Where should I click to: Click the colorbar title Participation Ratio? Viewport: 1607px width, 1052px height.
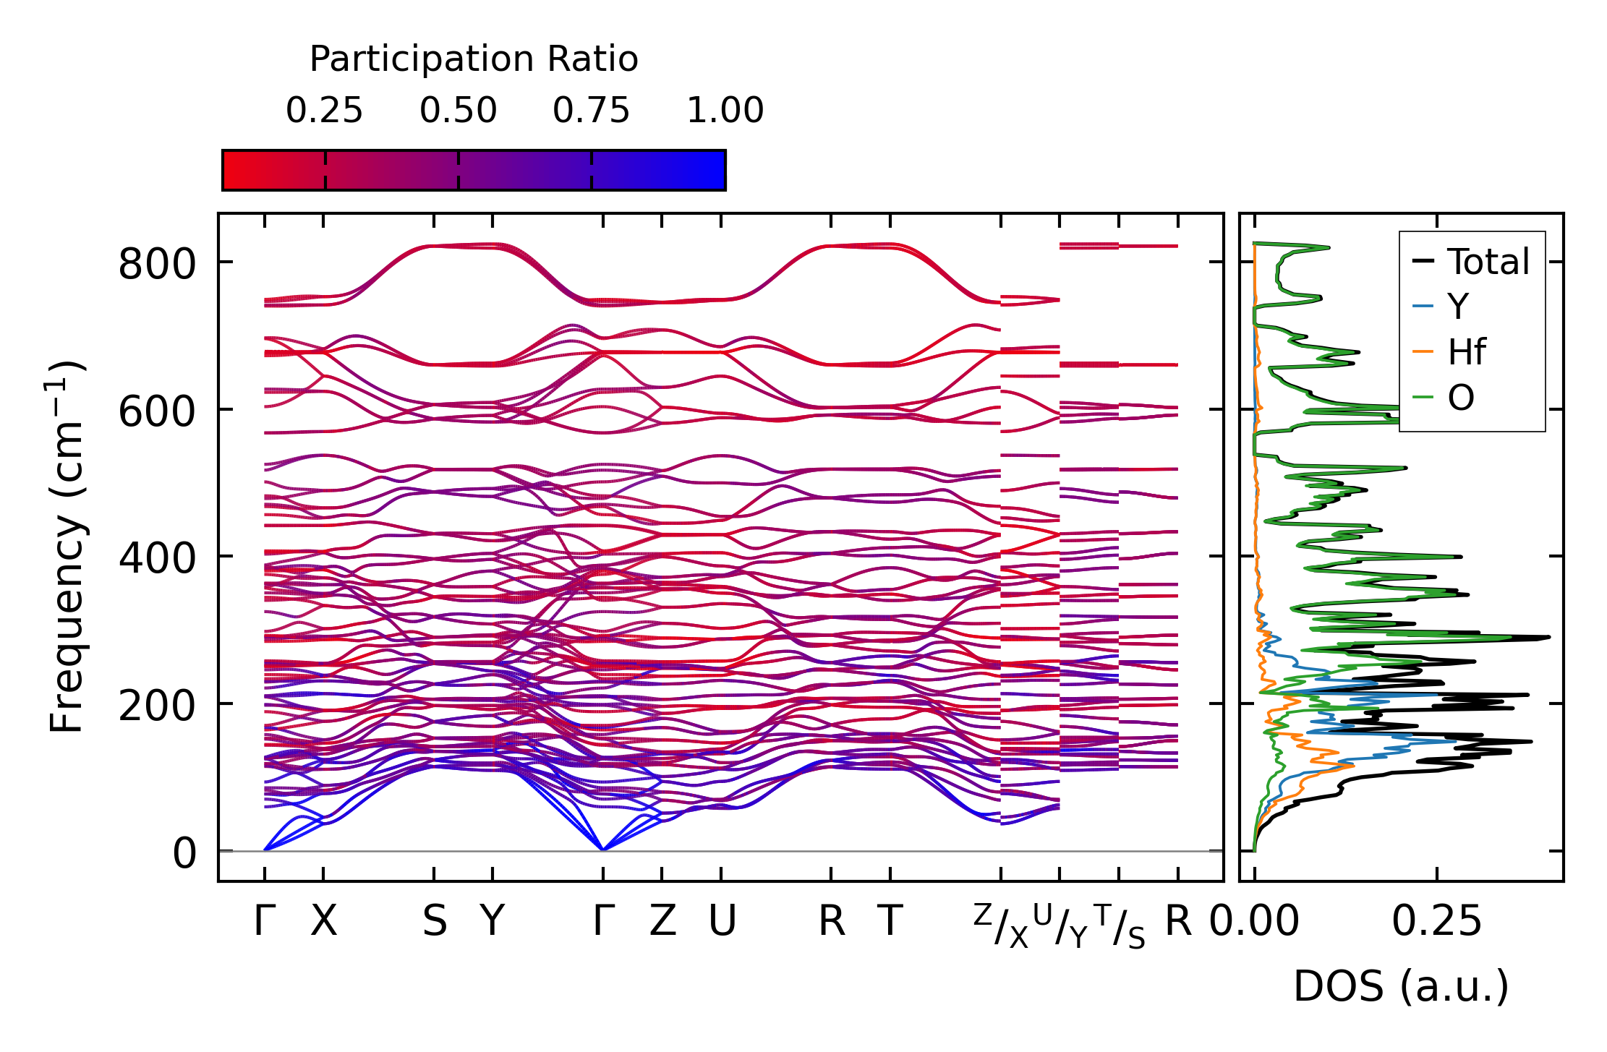tap(474, 59)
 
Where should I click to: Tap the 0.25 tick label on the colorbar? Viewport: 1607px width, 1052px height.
tap(324, 111)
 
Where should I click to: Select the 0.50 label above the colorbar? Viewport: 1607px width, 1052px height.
tap(458, 111)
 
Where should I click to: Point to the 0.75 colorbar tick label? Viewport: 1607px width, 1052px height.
tap(591, 111)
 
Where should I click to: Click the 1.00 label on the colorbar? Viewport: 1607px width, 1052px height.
tap(725, 111)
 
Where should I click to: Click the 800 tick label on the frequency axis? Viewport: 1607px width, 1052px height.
tap(157, 264)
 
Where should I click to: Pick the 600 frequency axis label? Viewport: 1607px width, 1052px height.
tap(157, 412)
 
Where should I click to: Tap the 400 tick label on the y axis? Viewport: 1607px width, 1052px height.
tap(157, 559)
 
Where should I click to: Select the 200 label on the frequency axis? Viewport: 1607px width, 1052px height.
tap(157, 706)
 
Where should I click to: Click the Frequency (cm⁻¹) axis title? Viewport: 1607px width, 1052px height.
tap(67, 547)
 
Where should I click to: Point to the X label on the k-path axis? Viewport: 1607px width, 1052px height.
tap(323, 921)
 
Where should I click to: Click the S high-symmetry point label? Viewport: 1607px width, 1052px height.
tap(434, 921)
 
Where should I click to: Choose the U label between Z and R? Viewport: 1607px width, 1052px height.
tap(721, 921)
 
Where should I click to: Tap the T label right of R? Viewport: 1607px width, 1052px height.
tap(890, 921)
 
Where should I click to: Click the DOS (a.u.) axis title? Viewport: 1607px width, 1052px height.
tap(1401, 987)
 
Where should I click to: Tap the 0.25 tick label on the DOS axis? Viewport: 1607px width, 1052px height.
tap(1436, 921)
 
